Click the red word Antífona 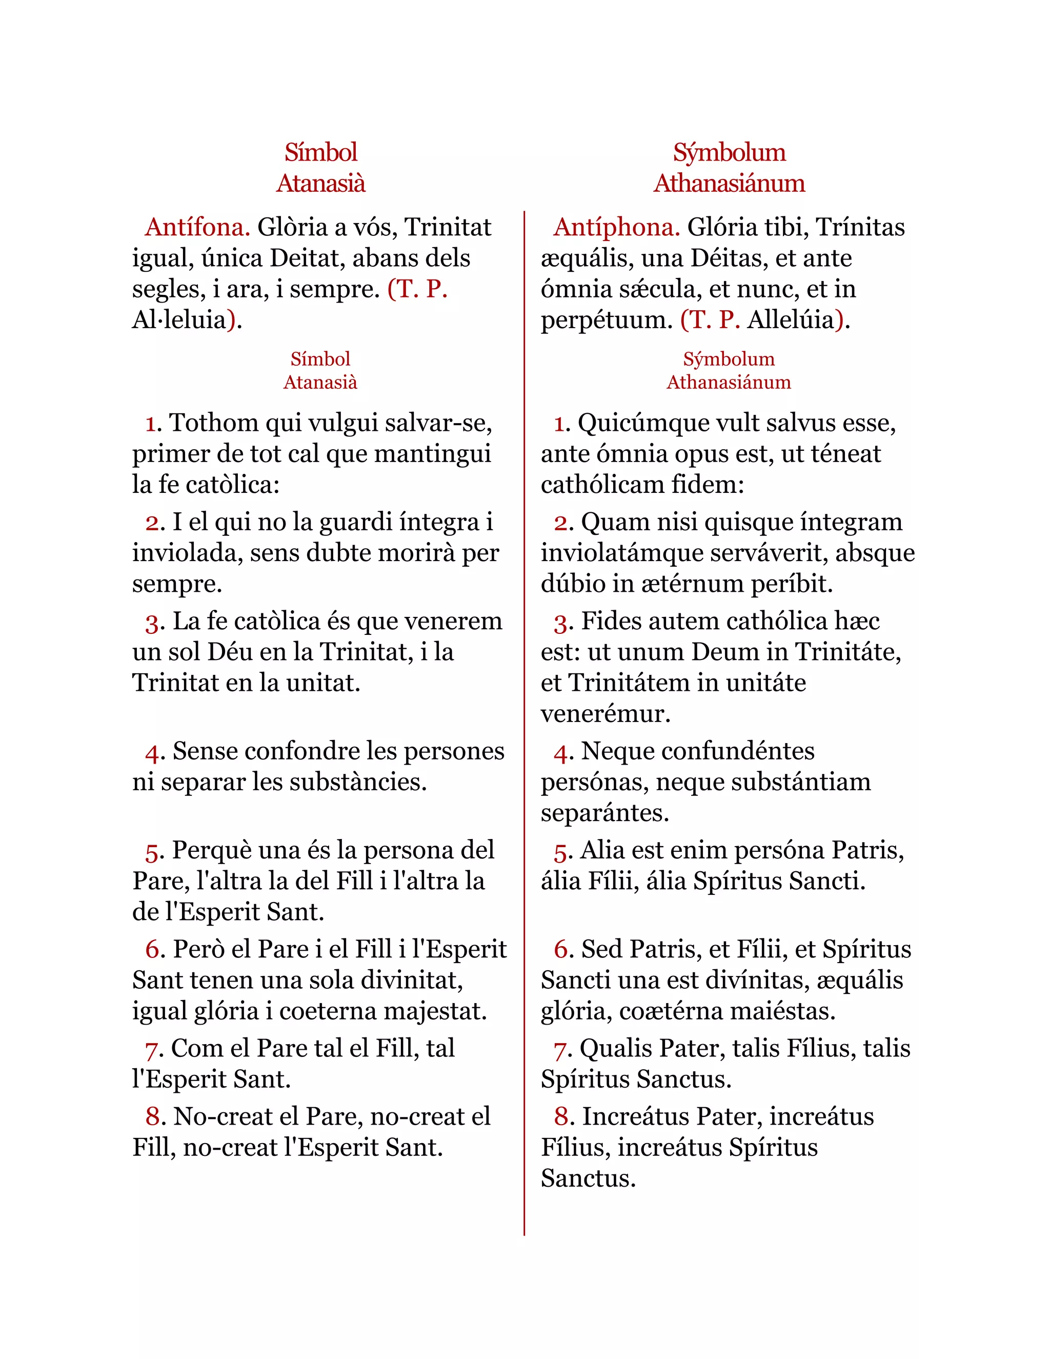tap(197, 228)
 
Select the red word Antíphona tap(616, 228)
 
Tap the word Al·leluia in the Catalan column tap(178, 321)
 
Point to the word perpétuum tap(607, 321)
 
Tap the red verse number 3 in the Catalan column tap(152, 622)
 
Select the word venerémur tap(605, 714)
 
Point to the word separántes tap(604, 813)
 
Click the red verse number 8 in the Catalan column tap(153, 1117)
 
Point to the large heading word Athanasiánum tap(729, 184)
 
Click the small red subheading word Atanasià tap(320, 382)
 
